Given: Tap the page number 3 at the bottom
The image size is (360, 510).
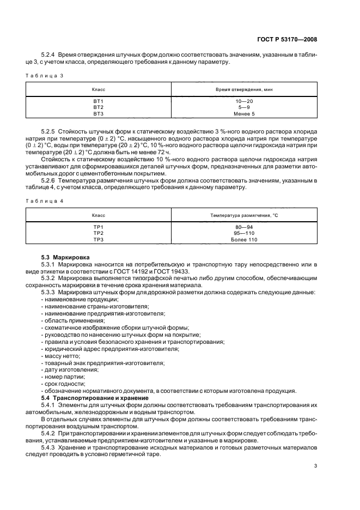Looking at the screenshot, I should click(x=315, y=465).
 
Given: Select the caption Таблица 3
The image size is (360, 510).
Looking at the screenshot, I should click(x=46, y=76).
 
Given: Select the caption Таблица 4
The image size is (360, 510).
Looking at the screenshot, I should click(x=46, y=201).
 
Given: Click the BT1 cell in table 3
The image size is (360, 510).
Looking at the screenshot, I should click(x=99, y=101).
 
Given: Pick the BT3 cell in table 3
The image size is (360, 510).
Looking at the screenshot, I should click(x=99, y=114).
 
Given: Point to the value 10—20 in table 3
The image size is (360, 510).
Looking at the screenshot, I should click(x=243, y=101).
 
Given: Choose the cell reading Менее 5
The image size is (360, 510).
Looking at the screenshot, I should click(x=243, y=114).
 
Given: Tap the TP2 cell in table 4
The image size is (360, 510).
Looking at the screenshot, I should click(x=99, y=233).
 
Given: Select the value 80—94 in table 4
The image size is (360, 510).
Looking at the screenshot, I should click(x=243, y=226).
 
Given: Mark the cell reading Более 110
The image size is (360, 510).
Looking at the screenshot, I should click(x=243, y=239).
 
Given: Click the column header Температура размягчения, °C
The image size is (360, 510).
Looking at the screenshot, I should click(x=243, y=215).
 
